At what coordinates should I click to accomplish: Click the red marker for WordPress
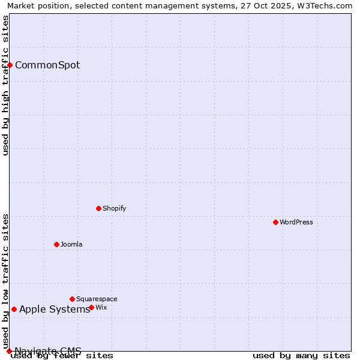275,222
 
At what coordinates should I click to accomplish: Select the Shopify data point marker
98,208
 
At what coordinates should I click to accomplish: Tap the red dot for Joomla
56,244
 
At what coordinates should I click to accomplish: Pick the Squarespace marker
72,299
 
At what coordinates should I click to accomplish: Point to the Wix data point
91,307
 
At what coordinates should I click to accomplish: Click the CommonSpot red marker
10,65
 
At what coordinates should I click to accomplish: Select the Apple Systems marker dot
14,309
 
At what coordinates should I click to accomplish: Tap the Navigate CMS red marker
9,351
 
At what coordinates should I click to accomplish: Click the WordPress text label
296,222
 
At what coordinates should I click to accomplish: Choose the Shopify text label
114,208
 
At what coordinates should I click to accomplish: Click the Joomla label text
71,244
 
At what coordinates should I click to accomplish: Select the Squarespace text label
97,299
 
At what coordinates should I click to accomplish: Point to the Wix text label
101,307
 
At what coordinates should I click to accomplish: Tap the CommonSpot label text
47,65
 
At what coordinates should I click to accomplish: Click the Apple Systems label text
55,309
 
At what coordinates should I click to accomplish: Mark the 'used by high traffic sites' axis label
5,85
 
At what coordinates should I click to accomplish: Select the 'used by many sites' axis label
301,355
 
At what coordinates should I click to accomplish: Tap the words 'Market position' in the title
37,5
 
